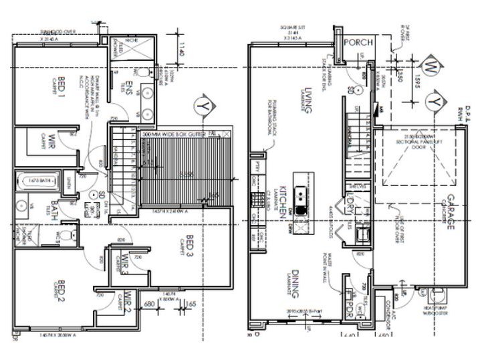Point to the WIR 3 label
[125, 264]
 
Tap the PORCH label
[354, 42]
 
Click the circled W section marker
[432, 68]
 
